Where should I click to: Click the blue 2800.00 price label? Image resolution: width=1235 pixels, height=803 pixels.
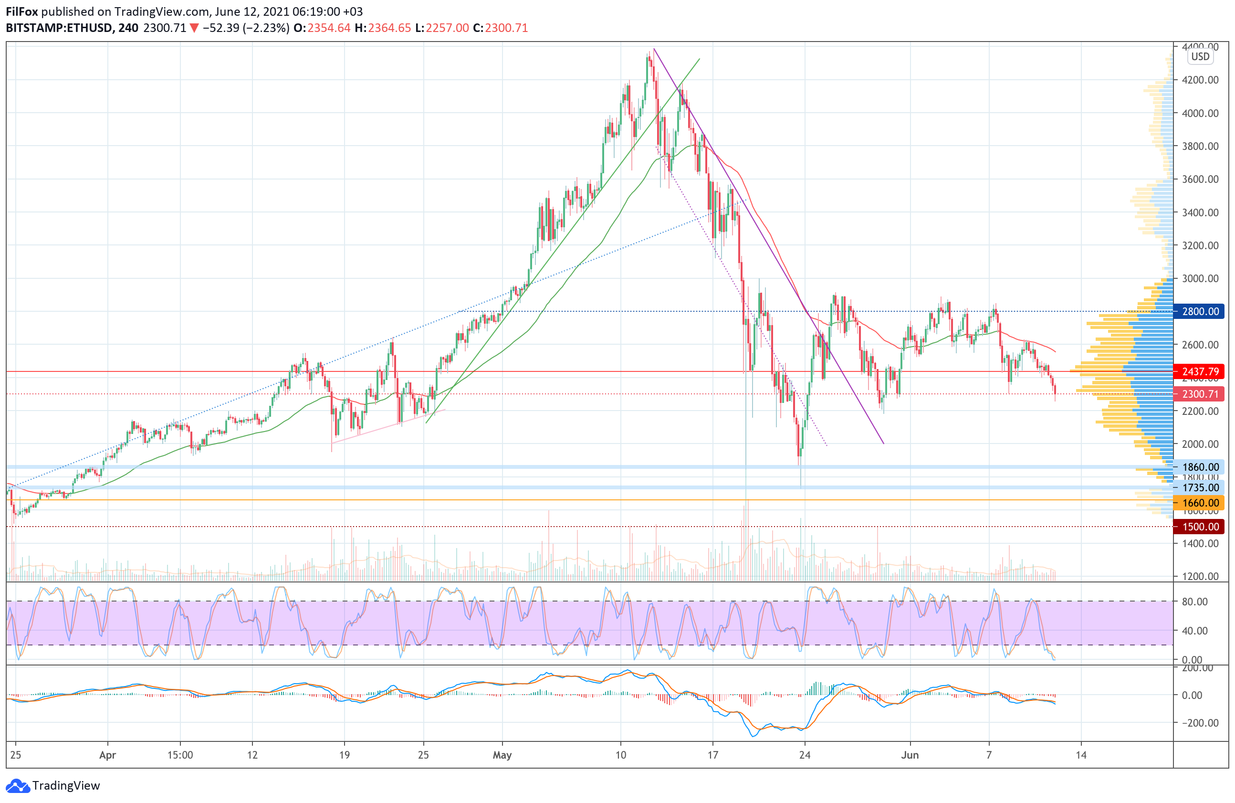[1199, 311]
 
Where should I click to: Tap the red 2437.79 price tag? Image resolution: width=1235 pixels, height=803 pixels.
[1199, 371]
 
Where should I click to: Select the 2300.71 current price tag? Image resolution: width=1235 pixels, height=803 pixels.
[1199, 394]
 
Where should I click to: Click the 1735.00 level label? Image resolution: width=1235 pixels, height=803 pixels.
[1199, 487]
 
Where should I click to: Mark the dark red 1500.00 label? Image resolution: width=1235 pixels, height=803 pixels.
[1199, 527]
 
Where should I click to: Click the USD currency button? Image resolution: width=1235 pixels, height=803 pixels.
[1200, 57]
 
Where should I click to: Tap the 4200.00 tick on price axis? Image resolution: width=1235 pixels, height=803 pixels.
[1200, 80]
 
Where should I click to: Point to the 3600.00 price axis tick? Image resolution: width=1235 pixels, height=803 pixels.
[1200, 179]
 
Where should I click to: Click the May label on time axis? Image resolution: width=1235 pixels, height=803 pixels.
[502, 755]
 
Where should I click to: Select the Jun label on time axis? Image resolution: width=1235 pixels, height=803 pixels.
[910, 755]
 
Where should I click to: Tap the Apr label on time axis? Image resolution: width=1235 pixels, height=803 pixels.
[107, 755]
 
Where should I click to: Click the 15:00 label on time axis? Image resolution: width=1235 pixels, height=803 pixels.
[180, 755]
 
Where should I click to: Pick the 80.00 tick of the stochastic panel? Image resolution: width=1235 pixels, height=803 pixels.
[1194, 602]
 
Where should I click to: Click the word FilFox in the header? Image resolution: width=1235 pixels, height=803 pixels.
[22, 11]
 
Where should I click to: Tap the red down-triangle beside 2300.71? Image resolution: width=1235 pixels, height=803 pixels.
[194, 28]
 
